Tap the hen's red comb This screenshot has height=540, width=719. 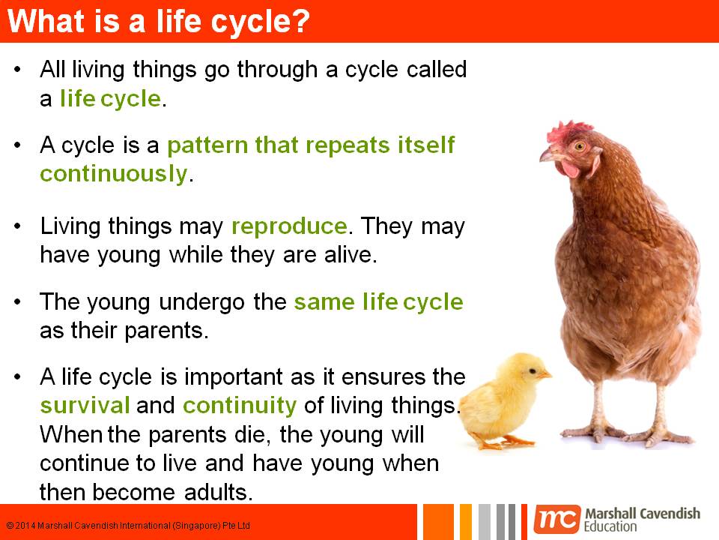(569, 130)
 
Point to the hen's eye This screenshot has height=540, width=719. (578, 145)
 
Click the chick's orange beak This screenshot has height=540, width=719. (544, 372)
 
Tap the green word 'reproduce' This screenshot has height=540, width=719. (289, 226)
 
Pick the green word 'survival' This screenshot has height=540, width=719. (85, 406)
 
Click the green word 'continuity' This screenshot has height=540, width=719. (240, 406)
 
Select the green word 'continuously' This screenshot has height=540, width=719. (112, 173)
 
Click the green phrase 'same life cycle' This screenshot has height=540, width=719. (378, 302)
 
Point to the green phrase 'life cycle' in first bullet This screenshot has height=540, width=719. (110, 99)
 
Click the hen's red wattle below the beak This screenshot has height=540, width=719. (570, 168)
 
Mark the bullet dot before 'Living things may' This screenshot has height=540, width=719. (18, 226)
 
